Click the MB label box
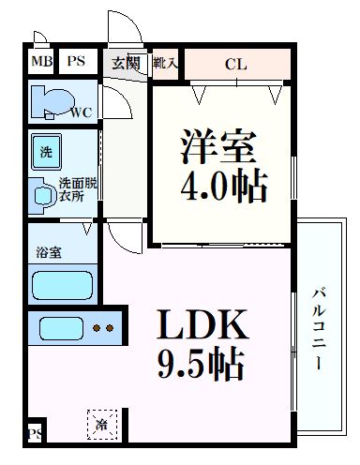[x=41, y=63]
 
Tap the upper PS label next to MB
[x=76, y=63]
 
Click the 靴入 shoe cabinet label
[x=169, y=64]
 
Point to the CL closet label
[x=236, y=65]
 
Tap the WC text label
[x=81, y=114]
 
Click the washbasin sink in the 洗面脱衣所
[x=43, y=192]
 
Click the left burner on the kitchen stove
[x=97, y=329]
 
